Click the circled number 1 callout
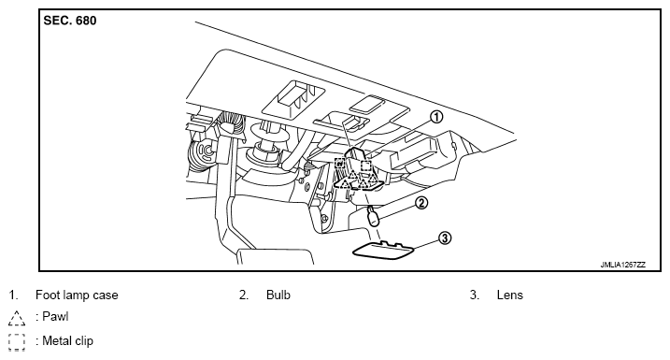(435, 116)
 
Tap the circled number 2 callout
(421, 202)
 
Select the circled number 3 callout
(445, 238)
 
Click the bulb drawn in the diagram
(372, 217)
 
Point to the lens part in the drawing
(383, 251)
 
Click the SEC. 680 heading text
(70, 21)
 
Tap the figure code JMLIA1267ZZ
(623, 265)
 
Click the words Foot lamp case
(77, 295)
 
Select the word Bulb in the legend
(278, 295)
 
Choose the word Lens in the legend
(510, 295)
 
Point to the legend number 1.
(13, 295)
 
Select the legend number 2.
(244, 295)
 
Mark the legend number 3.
(475, 295)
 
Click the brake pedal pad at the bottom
(275, 256)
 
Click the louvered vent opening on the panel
(294, 97)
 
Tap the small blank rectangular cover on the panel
(366, 104)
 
